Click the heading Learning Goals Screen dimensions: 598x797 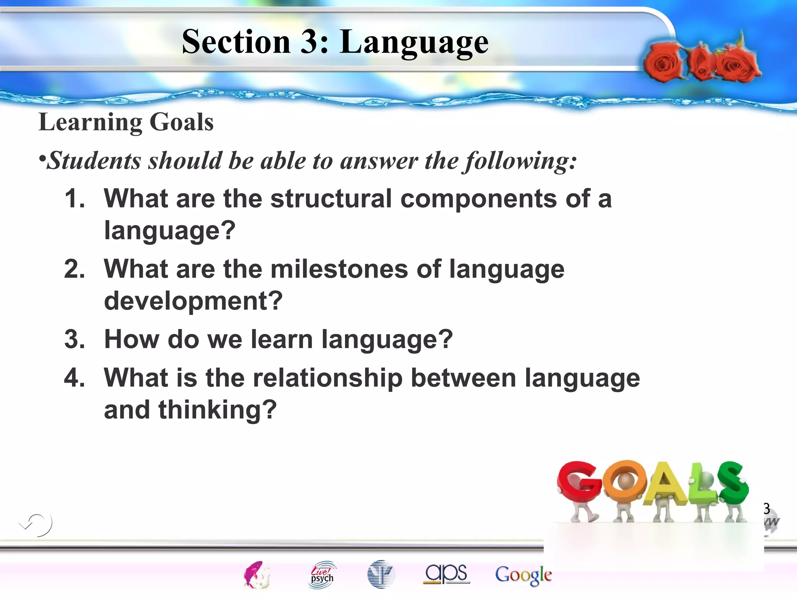(126, 122)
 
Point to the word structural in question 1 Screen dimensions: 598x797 (331, 198)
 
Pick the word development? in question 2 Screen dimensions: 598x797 (193, 301)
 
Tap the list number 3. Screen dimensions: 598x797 (74, 339)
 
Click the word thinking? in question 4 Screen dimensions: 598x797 (217, 410)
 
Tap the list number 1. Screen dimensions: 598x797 (74, 198)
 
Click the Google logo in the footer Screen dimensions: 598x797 (523, 575)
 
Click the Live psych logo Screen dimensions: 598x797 (322, 575)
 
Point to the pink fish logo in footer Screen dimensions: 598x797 (256, 575)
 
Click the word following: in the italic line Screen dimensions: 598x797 (521, 161)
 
